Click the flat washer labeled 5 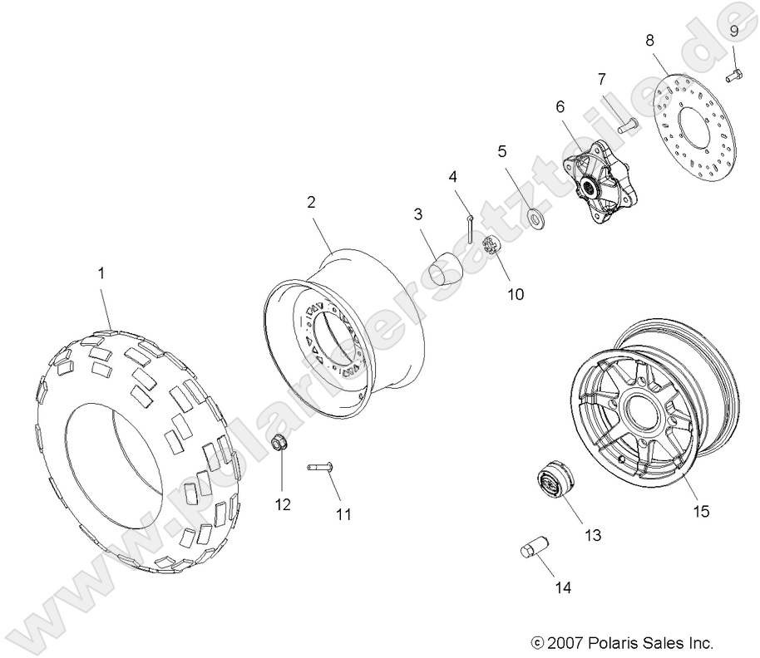click(535, 218)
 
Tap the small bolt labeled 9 click(733, 77)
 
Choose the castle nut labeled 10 click(491, 247)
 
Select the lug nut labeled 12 click(281, 444)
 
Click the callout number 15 click(700, 512)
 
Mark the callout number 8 click(649, 39)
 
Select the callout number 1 click(102, 273)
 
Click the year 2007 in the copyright click(564, 642)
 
